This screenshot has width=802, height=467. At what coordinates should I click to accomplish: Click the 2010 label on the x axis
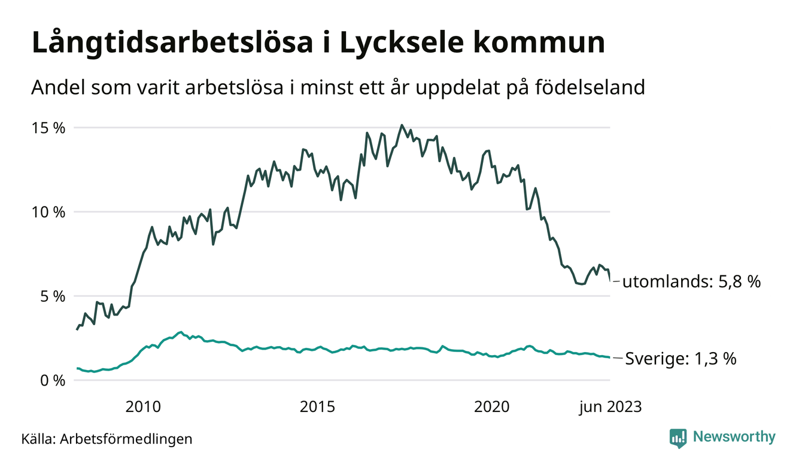[143, 407]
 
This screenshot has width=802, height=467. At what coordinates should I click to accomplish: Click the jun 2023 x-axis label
[609, 407]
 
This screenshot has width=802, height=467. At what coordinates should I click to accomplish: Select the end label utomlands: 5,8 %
[691, 282]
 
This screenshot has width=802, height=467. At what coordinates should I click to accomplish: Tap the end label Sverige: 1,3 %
[681, 359]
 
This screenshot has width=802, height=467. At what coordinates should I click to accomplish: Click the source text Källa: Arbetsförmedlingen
[107, 439]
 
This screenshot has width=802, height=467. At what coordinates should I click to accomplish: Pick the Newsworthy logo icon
[678, 438]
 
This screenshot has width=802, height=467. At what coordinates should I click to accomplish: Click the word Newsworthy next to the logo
[734, 437]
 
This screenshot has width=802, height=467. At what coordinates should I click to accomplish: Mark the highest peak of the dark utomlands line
[402, 126]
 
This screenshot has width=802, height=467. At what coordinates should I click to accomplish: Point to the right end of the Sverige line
[609, 357]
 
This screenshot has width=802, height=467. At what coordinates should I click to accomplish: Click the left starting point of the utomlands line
[77, 329]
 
